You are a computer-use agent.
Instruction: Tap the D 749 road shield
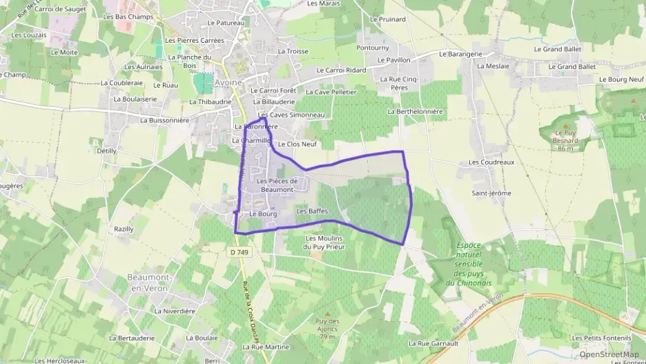[x=239, y=253]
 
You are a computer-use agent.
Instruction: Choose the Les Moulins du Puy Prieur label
[x=324, y=242]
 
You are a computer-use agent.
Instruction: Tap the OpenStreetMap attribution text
[x=609, y=354]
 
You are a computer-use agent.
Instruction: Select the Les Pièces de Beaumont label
[x=277, y=184]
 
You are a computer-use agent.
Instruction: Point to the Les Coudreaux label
[x=491, y=162]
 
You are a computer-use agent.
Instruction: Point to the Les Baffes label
[x=311, y=211]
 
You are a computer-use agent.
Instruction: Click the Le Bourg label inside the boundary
[x=263, y=214]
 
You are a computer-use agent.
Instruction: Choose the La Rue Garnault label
[x=433, y=343]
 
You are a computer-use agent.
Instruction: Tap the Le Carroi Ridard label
[x=341, y=70]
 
